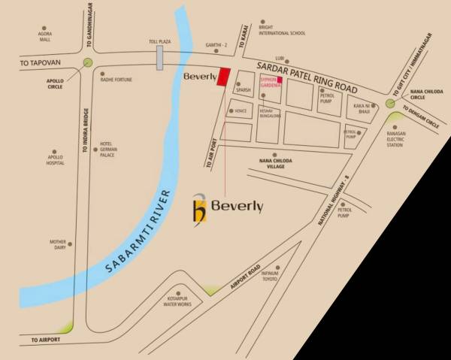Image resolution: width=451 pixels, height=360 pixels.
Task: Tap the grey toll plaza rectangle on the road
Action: point(160,59)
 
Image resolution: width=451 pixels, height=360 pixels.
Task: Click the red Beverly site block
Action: point(222,77)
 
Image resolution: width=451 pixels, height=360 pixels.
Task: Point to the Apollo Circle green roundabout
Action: point(89,64)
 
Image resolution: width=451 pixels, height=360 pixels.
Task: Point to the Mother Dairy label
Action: point(59,245)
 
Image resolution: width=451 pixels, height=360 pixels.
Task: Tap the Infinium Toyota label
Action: point(270,277)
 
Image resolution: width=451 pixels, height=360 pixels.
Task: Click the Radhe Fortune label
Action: point(117,79)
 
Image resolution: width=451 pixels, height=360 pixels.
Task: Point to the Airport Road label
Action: point(245,279)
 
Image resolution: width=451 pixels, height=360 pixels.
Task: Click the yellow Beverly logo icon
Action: point(198,207)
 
